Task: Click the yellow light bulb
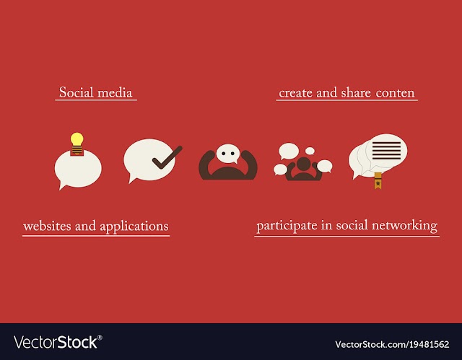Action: pos(77,143)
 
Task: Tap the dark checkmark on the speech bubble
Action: pos(167,158)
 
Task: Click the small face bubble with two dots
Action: pos(228,154)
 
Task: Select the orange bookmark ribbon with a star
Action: pos(378,181)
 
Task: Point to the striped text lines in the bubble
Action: pos(387,150)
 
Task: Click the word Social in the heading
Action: pos(77,92)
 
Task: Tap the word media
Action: pos(115,93)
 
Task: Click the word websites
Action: pos(47,226)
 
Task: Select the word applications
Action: pos(134,227)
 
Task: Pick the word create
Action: pos(295,93)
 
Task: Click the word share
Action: pos(356,93)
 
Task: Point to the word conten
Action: pos(395,93)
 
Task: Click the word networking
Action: pos(404,226)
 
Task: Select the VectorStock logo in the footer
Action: pos(58,343)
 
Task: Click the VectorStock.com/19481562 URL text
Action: pos(392,344)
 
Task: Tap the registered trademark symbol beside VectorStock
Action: pos(100,338)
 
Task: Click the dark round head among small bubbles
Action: pos(304,164)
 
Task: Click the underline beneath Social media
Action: pos(96,100)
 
